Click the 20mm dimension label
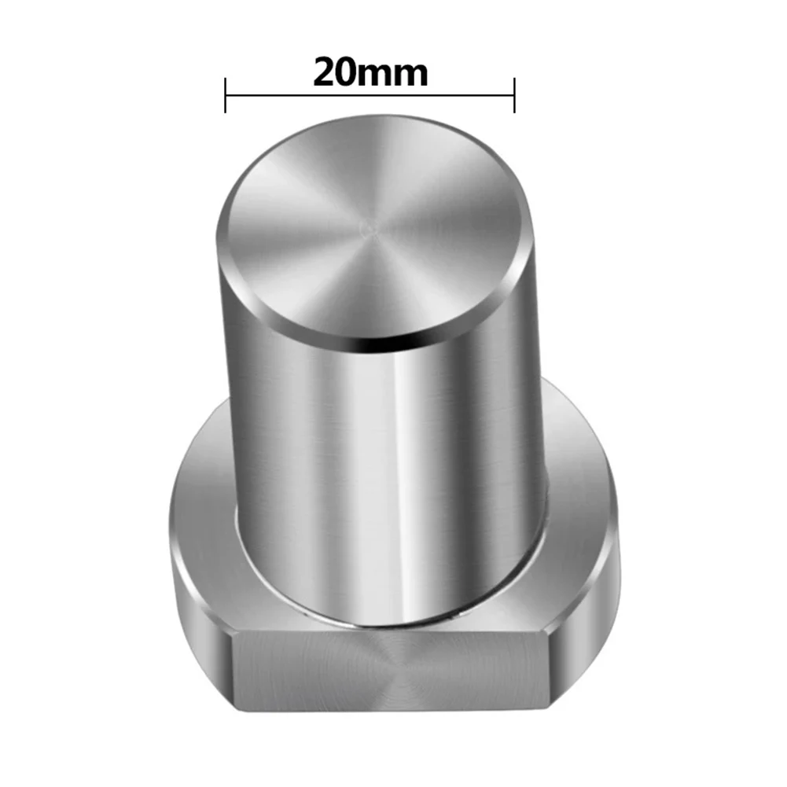pyautogui.click(x=370, y=73)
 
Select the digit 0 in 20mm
pyautogui.click(x=348, y=73)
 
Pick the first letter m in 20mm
pyautogui.click(x=376, y=75)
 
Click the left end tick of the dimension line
pyautogui.click(x=226, y=95)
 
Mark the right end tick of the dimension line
pyautogui.click(x=514, y=95)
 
